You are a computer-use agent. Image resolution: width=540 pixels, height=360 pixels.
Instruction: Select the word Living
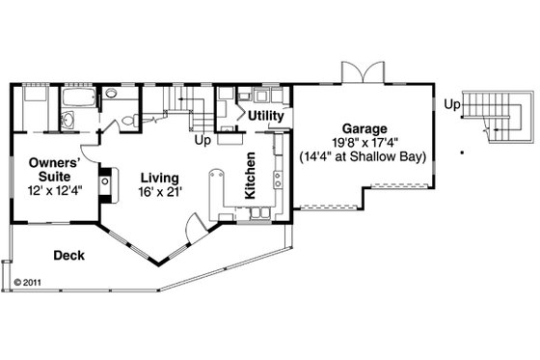(157, 178)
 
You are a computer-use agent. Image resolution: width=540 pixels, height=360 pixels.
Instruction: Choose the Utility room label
(266, 117)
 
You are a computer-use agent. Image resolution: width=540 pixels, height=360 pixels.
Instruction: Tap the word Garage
(364, 127)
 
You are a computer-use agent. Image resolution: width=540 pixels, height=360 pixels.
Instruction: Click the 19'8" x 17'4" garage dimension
(364, 141)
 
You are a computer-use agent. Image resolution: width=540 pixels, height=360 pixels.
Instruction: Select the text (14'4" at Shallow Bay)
(364, 154)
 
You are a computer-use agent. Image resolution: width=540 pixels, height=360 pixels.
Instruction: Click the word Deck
(68, 256)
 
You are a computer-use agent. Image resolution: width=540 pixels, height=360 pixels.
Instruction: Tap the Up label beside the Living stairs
(202, 140)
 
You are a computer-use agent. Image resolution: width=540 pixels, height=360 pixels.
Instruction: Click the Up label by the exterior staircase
(451, 104)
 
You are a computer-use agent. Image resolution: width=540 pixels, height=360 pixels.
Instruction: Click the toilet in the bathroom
(111, 95)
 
